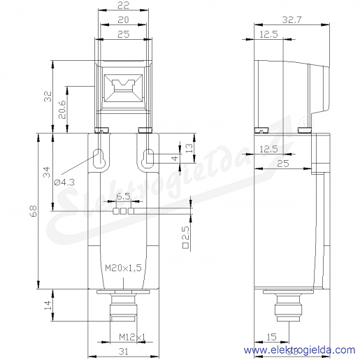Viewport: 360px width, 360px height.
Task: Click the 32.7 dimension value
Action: [x=291, y=20]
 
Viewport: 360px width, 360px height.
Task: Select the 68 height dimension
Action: [x=34, y=211]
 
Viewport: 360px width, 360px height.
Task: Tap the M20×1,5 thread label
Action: [x=123, y=268]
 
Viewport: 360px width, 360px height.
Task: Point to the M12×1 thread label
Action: [x=132, y=337]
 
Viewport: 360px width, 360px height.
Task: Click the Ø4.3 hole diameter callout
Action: [x=64, y=182]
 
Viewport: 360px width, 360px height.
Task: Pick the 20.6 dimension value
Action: [x=62, y=110]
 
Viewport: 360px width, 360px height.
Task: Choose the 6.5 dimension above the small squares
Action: [x=123, y=196]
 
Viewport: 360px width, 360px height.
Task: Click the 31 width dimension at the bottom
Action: [x=123, y=352]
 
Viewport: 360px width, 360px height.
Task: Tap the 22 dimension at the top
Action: [x=123, y=6]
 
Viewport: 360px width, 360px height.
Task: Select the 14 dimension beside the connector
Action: [x=48, y=305]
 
